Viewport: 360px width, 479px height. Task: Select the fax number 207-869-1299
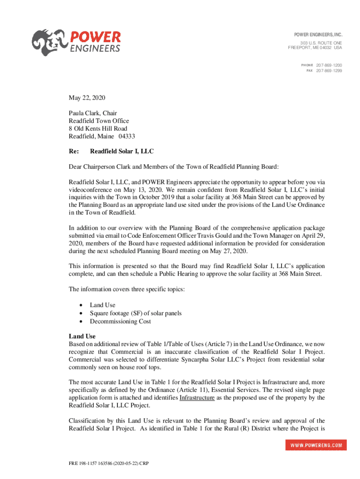[329, 71]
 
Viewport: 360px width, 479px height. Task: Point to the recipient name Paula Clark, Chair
[93, 113]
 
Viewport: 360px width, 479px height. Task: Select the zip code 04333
[127, 136]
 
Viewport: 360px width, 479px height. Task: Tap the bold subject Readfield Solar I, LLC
[122, 152]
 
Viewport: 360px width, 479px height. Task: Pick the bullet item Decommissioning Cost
[121, 321]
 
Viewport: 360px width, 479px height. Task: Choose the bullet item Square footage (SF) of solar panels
[136, 313]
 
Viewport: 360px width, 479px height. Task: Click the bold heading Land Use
[82, 336]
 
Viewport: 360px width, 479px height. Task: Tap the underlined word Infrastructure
[197, 398]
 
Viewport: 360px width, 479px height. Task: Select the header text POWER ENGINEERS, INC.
[318, 35]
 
